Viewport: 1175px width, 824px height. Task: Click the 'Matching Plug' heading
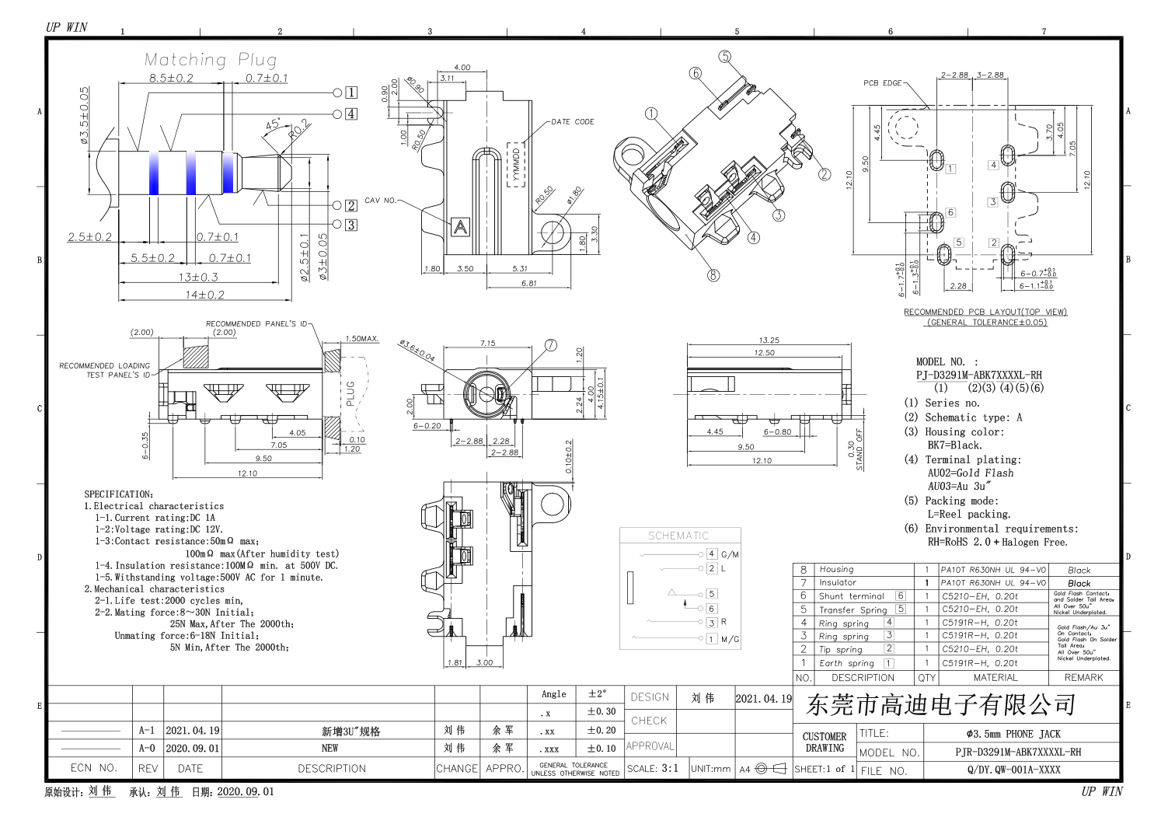pyautogui.click(x=210, y=60)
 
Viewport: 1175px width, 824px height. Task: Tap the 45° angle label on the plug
pyautogui.click(x=273, y=124)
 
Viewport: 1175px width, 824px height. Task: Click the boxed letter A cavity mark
pyautogui.click(x=461, y=227)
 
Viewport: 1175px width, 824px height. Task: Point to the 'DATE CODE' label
pyautogui.click(x=573, y=122)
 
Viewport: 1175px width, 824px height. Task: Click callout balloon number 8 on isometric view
pyautogui.click(x=713, y=274)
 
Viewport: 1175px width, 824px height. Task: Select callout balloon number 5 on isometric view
pyautogui.click(x=725, y=57)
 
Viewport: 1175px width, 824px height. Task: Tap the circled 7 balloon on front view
pyautogui.click(x=551, y=345)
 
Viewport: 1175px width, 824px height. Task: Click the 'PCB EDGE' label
pyautogui.click(x=882, y=83)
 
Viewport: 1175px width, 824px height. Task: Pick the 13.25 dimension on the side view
pyautogui.click(x=768, y=340)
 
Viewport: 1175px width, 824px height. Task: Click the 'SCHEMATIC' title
pyautogui.click(x=678, y=536)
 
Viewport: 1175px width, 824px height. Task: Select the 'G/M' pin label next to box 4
pyautogui.click(x=730, y=555)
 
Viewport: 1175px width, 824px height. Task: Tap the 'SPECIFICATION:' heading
pyautogui.click(x=119, y=494)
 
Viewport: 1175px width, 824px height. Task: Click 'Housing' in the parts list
pyautogui.click(x=836, y=570)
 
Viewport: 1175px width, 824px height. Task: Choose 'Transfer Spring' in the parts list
pyautogui.click(x=852, y=609)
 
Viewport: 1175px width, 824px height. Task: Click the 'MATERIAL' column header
pyautogui.click(x=995, y=677)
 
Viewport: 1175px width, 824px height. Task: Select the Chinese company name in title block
pyautogui.click(x=940, y=705)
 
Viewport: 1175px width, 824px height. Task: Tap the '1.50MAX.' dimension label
pyautogui.click(x=362, y=339)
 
